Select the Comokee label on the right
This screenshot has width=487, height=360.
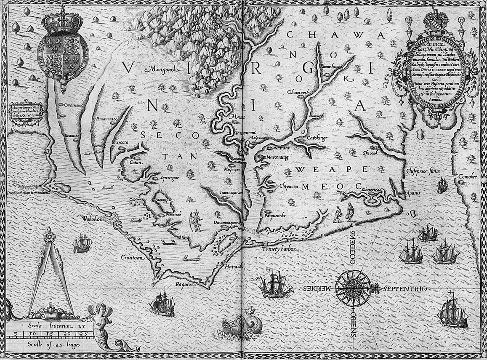(468, 176)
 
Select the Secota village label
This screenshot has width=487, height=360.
(122, 142)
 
